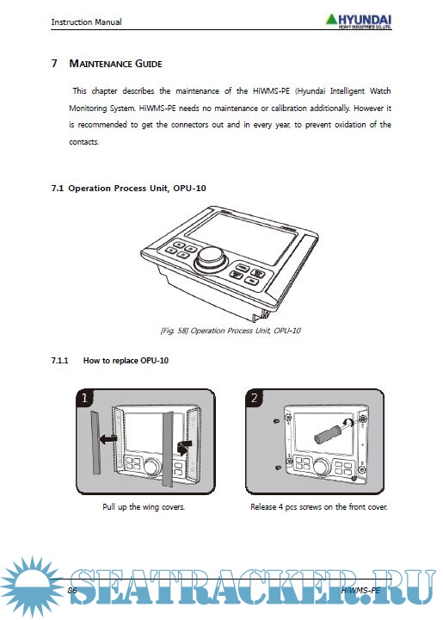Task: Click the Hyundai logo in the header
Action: (359, 22)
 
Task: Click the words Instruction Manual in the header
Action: (87, 22)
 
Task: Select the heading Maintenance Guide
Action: (115, 64)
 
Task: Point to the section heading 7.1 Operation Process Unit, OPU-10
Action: (129, 189)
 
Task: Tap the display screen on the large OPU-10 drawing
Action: (242, 237)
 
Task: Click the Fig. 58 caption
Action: (231, 331)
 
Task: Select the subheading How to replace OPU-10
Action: (126, 361)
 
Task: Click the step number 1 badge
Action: (84, 397)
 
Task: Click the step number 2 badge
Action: (254, 397)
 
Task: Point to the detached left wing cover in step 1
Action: (95, 442)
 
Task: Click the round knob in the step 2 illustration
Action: (322, 466)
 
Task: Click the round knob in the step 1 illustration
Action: (152, 467)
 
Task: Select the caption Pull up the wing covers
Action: (144, 506)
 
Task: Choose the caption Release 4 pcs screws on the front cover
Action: (319, 506)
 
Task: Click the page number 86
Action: (72, 591)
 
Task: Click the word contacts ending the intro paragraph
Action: (83, 142)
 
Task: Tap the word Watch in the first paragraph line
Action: (380, 91)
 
